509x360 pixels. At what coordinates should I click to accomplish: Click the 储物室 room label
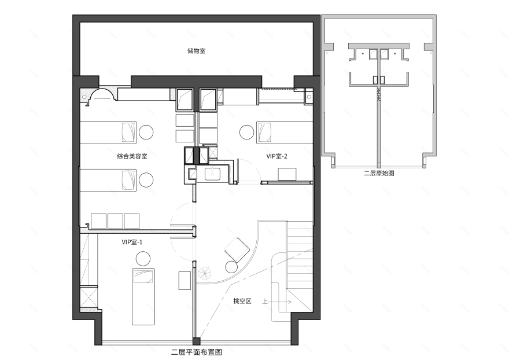tap(197, 51)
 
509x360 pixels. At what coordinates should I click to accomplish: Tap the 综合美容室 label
tap(132, 156)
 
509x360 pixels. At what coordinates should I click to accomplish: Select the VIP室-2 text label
tap(276, 156)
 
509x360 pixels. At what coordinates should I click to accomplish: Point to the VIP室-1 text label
tap(132, 242)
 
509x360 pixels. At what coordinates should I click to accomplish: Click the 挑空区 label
tap(242, 301)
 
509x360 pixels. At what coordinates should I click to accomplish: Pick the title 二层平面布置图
tap(197, 352)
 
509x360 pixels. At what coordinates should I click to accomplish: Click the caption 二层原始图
tap(379, 173)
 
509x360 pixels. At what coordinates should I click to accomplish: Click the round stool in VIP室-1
tap(143, 259)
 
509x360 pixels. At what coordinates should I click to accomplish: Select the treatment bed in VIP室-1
tap(143, 296)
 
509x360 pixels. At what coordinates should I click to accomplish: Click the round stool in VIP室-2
tap(247, 132)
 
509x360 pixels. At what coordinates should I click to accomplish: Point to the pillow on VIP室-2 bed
tap(264, 132)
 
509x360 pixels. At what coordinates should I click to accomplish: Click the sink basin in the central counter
tap(212, 174)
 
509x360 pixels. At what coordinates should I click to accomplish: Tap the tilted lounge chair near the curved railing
tap(237, 249)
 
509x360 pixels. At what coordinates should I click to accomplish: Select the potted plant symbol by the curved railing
tap(205, 273)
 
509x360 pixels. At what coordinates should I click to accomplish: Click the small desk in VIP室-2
tap(287, 174)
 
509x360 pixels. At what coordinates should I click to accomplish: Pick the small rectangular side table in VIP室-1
tap(185, 280)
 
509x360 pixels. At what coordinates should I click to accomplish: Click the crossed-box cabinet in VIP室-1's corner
tap(88, 297)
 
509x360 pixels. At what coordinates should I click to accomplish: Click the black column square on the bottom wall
tap(197, 341)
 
